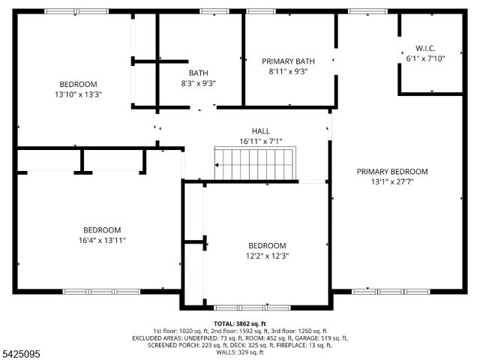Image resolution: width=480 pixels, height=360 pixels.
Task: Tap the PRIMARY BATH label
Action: [x=288, y=61]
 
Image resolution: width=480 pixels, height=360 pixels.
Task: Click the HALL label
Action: [x=260, y=131]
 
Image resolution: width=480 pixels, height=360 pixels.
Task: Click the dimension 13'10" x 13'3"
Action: [x=79, y=94]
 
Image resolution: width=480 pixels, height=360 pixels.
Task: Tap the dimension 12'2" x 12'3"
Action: [x=268, y=256]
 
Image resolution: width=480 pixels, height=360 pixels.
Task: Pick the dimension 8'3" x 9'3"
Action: [x=199, y=83]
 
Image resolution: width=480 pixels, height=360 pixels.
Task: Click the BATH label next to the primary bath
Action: [x=199, y=73]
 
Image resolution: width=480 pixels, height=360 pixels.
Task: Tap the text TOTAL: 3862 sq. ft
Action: [x=240, y=323]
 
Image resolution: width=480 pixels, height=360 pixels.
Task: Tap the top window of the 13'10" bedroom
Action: [x=76, y=11]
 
